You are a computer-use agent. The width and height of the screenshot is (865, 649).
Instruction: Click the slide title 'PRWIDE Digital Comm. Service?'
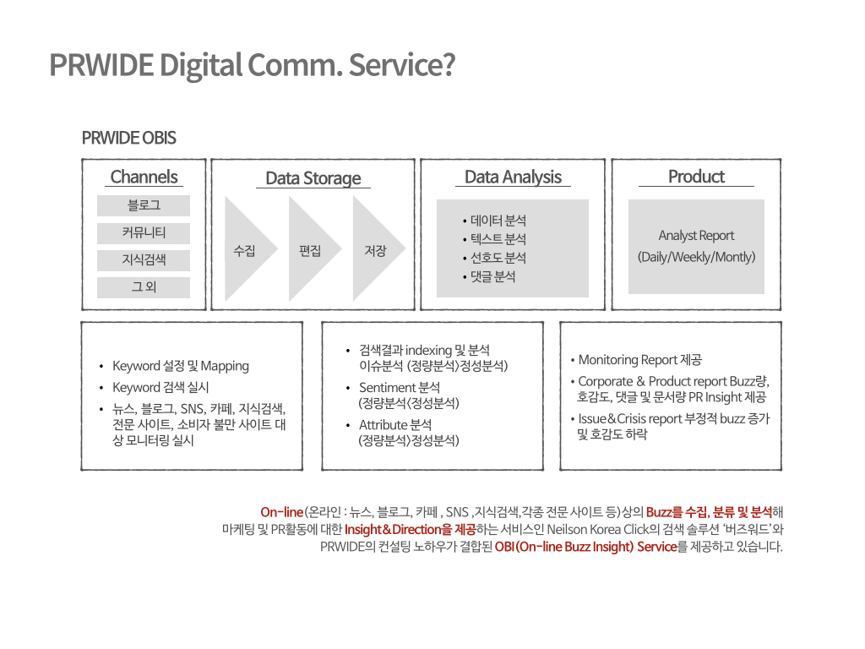point(252,65)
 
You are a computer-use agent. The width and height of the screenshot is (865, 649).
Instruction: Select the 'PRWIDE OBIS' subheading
point(128,138)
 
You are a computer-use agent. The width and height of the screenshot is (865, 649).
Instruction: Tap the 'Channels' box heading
point(144,177)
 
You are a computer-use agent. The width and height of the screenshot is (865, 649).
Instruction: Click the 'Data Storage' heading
point(313,178)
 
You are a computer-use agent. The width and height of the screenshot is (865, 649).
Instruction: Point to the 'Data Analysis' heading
point(513,177)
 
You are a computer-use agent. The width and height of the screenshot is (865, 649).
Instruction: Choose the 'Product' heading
point(696,177)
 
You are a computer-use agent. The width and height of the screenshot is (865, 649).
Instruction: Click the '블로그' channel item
point(144,205)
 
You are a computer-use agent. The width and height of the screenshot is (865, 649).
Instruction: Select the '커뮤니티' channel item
point(144,233)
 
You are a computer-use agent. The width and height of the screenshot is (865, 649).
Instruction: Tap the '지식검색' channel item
point(144,260)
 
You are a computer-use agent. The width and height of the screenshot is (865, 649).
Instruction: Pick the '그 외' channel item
point(144,287)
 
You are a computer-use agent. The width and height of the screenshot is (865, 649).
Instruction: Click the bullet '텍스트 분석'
point(495,239)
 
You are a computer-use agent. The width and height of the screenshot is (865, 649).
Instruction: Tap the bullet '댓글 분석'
point(489,276)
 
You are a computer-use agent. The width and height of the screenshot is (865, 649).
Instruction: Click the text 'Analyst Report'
point(696,236)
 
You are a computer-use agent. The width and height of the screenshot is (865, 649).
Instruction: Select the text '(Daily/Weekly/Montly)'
point(696,257)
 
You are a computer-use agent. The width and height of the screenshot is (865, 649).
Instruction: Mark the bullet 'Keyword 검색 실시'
point(160,387)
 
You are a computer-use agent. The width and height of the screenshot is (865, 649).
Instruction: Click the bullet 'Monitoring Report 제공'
point(636,360)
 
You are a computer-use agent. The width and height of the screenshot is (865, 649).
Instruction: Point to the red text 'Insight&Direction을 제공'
point(410,530)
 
